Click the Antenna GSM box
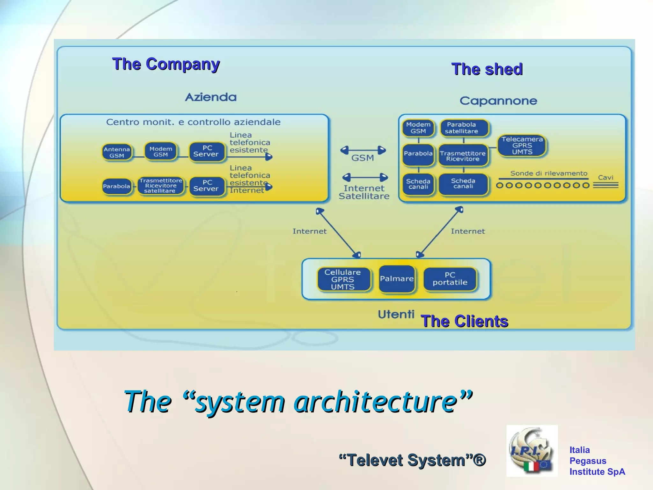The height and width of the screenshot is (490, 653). point(117,152)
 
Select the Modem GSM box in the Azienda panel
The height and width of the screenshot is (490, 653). point(161,152)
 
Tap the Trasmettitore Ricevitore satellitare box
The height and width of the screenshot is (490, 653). point(161,186)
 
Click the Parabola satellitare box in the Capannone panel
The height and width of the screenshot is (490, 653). point(464,128)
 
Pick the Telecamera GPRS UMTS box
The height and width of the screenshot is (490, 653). point(522,145)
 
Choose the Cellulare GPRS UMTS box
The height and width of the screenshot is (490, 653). point(343,279)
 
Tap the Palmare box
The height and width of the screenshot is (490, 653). point(397,279)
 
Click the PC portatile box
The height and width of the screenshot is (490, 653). point(450,279)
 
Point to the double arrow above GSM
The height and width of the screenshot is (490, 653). point(363,150)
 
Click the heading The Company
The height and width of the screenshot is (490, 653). point(166,64)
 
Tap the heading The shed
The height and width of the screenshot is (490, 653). point(487,69)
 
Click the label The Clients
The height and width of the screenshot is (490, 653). point(464,321)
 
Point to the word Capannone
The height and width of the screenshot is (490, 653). point(498,101)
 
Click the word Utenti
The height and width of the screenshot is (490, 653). point(396,315)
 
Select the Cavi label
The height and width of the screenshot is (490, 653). point(605,177)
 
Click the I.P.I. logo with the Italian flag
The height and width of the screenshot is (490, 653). point(532,450)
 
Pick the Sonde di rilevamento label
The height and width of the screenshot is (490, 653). point(548,174)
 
